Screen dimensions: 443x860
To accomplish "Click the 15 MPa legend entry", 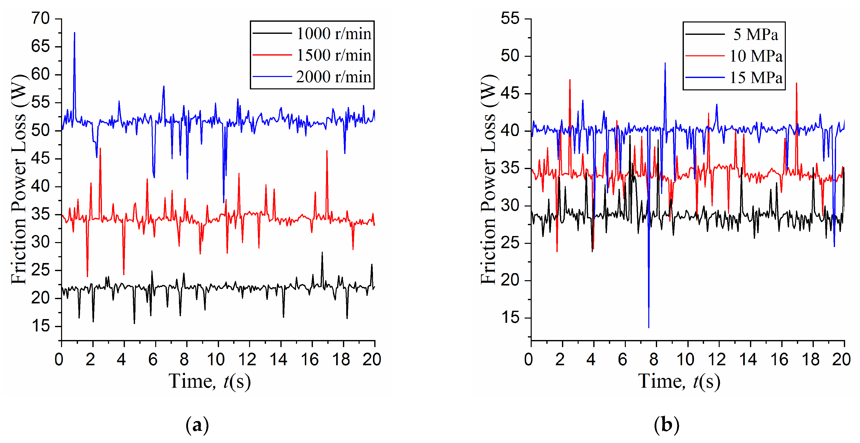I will pos(756,78).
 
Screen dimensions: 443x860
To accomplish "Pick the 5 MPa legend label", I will pos(756,34).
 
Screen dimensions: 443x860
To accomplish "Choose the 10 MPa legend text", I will pos(756,56).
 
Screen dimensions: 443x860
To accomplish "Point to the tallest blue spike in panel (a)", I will pos(74,33).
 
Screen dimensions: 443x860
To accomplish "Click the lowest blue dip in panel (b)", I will pos(649,327).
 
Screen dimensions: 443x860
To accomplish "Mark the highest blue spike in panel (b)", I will pos(665,63).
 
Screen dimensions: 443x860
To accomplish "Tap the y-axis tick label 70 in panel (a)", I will pos(40,18).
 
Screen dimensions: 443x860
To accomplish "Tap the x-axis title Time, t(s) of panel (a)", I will pos(210,381).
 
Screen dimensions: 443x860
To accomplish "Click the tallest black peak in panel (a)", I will pos(322,253).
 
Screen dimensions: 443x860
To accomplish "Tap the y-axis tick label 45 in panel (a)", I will pos(40,159).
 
